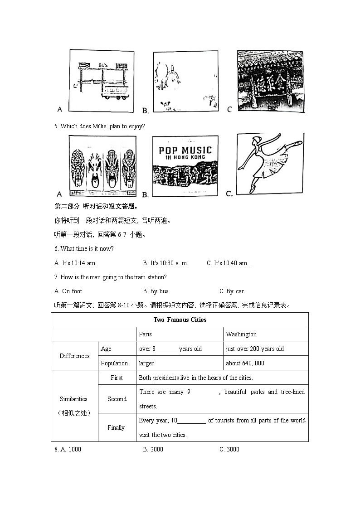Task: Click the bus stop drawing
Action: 102,81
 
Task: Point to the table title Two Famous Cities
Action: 180,320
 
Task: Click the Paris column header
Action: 145,334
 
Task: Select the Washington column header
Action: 241,334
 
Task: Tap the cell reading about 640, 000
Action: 245,363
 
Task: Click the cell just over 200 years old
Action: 254,349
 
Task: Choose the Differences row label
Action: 74,356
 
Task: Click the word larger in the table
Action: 146,363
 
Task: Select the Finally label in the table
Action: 117,427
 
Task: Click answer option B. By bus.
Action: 156,291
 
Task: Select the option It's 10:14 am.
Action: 75,263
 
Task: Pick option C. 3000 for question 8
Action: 229,449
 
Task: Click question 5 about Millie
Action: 99,126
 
